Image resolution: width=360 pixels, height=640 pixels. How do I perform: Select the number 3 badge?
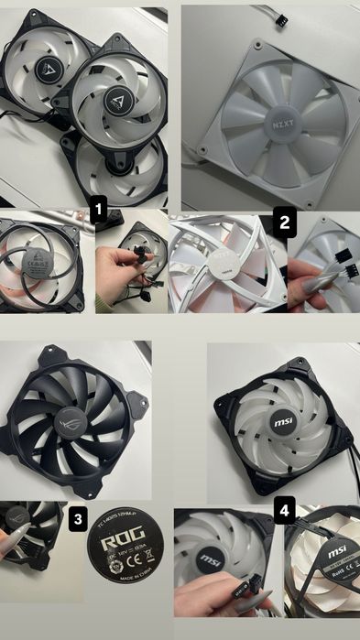[x=78, y=519]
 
